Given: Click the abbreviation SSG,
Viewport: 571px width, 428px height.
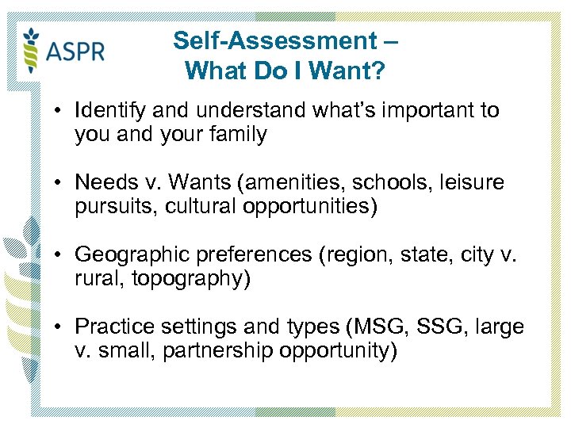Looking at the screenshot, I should click(x=432, y=327).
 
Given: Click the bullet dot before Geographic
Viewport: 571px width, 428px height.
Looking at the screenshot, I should click(x=61, y=255).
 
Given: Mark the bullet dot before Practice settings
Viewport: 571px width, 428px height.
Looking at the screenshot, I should click(x=61, y=327).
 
